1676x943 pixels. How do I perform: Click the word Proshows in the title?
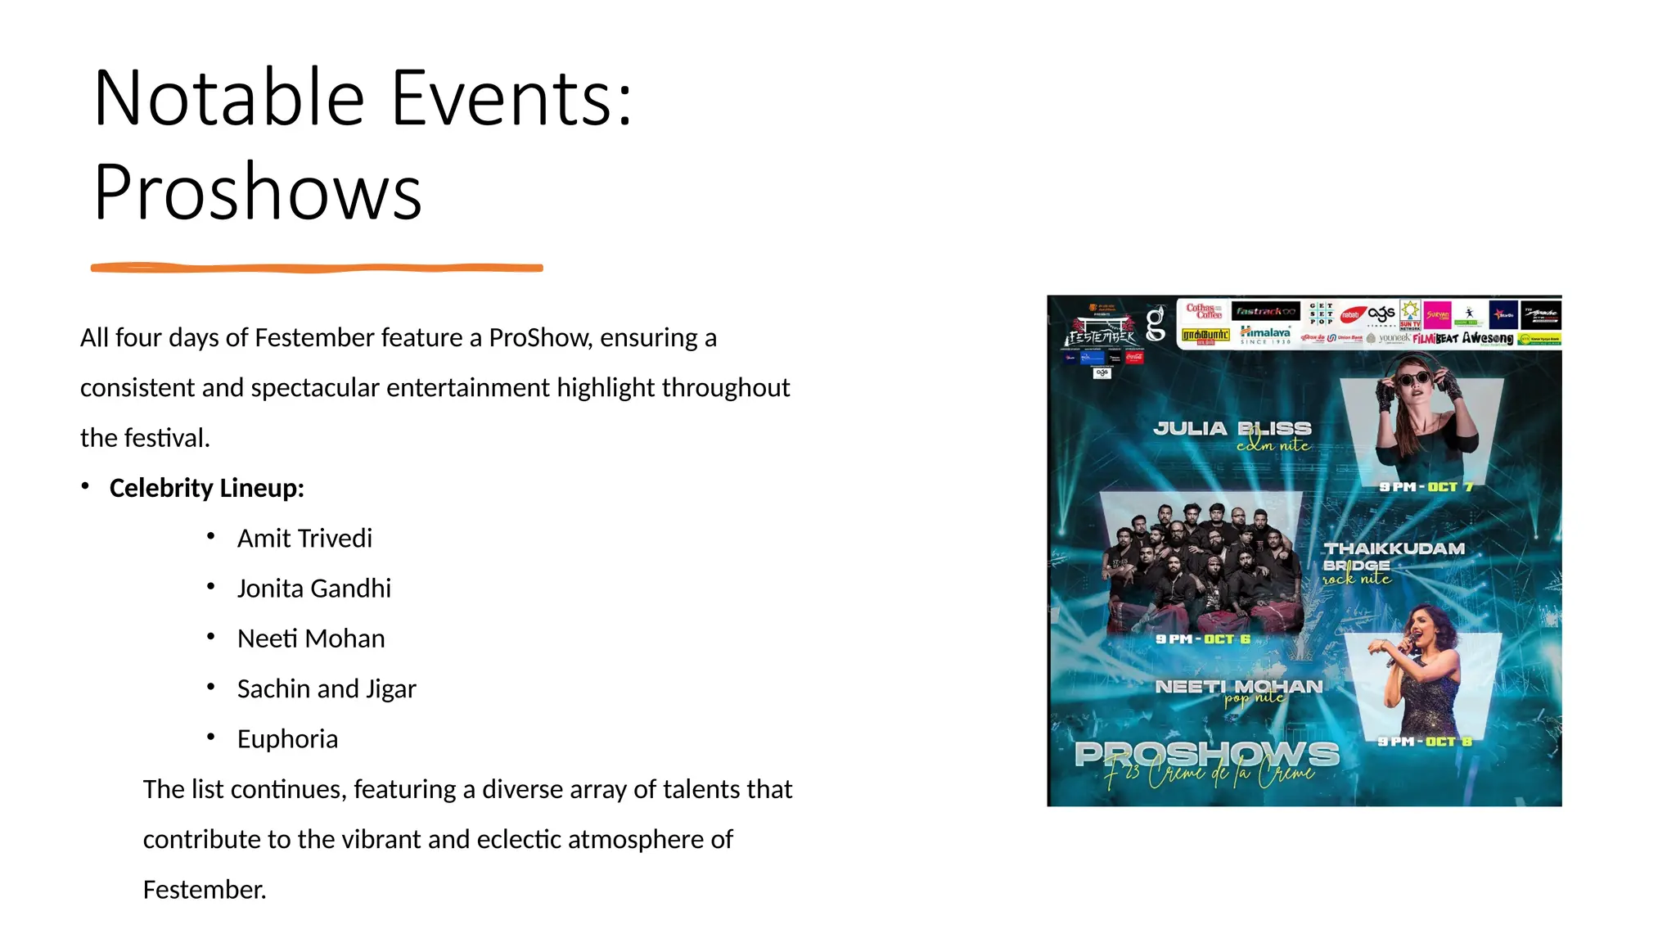(x=258, y=193)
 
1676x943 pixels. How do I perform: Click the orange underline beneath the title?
(x=317, y=268)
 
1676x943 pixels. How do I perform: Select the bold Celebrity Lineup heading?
(x=206, y=488)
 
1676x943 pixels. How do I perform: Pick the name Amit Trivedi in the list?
(x=304, y=538)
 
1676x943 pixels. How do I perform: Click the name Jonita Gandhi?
(x=313, y=588)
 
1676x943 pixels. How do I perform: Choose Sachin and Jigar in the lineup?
(x=327, y=688)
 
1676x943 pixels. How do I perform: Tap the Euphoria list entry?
(x=287, y=738)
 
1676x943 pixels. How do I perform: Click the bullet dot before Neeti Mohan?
(x=211, y=637)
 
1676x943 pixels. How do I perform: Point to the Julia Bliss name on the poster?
(x=1232, y=428)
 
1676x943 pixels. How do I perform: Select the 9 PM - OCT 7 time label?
(x=1426, y=487)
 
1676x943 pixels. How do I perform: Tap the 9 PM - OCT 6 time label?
(x=1203, y=638)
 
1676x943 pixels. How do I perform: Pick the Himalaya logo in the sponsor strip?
(x=1265, y=334)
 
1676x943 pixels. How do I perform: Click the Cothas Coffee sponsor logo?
(x=1204, y=311)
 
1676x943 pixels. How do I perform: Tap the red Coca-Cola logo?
(x=1134, y=357)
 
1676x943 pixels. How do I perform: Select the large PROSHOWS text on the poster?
(x=1207, y=753)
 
